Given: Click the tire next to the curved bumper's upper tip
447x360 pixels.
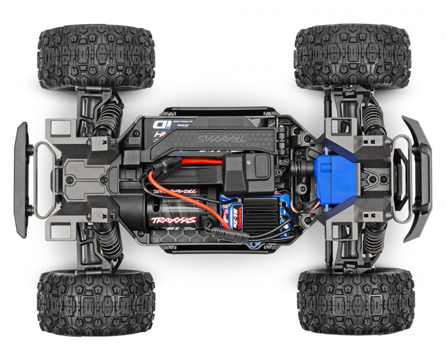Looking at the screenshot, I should click(x=352, y=57).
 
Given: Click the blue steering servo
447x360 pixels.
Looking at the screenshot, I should click(x=336, y=177).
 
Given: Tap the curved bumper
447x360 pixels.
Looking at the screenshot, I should click(x=420, y=179).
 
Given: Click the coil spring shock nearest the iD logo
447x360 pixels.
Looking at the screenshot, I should click(x=107, y=119).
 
